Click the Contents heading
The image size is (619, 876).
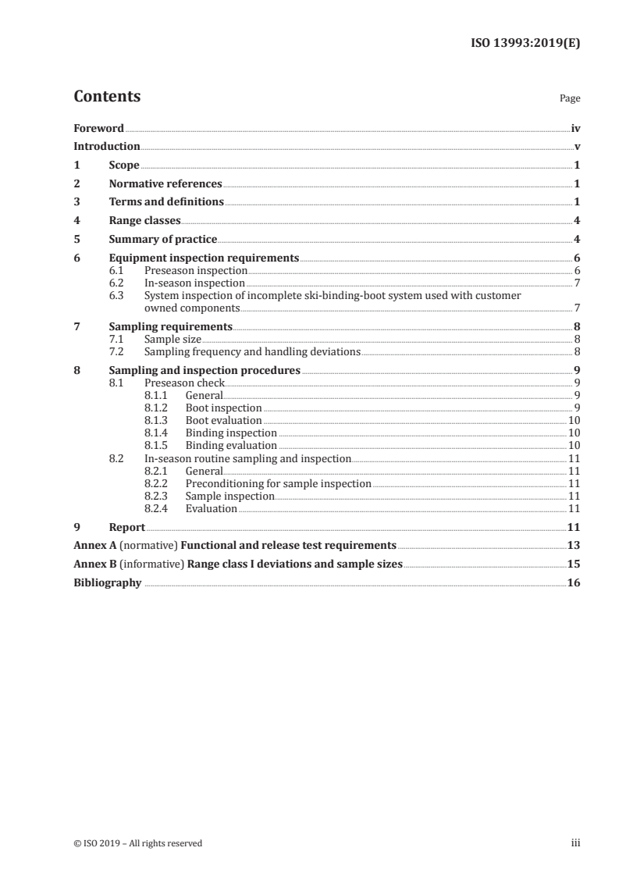coord(107,97)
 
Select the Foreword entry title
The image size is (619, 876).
coord(98,128)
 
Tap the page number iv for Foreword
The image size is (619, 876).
coord(575,128)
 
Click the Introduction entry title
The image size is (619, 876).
coord(107,146)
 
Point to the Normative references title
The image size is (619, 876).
coord(165,183)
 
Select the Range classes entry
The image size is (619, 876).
coord(144,220)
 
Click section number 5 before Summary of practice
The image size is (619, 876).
coord(76,239)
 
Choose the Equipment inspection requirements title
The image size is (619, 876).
coord(204,258)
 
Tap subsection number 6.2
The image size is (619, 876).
coord(116,283)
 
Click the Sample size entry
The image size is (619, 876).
coord(173,339)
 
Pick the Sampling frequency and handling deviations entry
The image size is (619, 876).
coord(252,351)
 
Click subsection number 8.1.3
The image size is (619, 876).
coord(158,420)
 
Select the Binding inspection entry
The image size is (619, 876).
coord(231,433)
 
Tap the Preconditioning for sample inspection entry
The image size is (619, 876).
coord(278,483)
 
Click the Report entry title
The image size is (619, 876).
coord(127,527)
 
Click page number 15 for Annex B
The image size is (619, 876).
coord(574,564)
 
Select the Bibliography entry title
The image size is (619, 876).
coord(108,582)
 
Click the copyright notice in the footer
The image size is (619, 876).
coord(138,842)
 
